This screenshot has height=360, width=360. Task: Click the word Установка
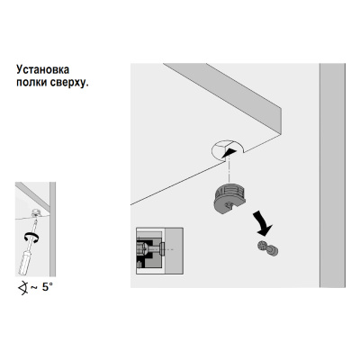(x=43, y=69)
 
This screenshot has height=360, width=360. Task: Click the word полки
(x=29, y=83)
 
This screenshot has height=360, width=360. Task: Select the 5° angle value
(x=47, y=287)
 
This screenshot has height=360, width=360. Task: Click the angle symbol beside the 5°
(x=23, y=288)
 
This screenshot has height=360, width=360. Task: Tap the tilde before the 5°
(x=34, y=288)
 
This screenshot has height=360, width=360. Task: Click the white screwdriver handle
(x=25, y=263)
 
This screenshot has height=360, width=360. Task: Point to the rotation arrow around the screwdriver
(x=31, y=238)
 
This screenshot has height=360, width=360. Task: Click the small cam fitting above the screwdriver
(x=36, y=213)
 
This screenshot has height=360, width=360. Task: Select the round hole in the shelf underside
(x=227, y=150)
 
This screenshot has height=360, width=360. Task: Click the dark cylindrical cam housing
(x=229, y=198)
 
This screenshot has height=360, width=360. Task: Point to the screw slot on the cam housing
(x=229, y=206)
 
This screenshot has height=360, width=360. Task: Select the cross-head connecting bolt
(x=267, y=248)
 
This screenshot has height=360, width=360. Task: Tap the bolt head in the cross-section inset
(x=162, y=248)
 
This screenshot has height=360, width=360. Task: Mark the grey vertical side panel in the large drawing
(x=332, y=175)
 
